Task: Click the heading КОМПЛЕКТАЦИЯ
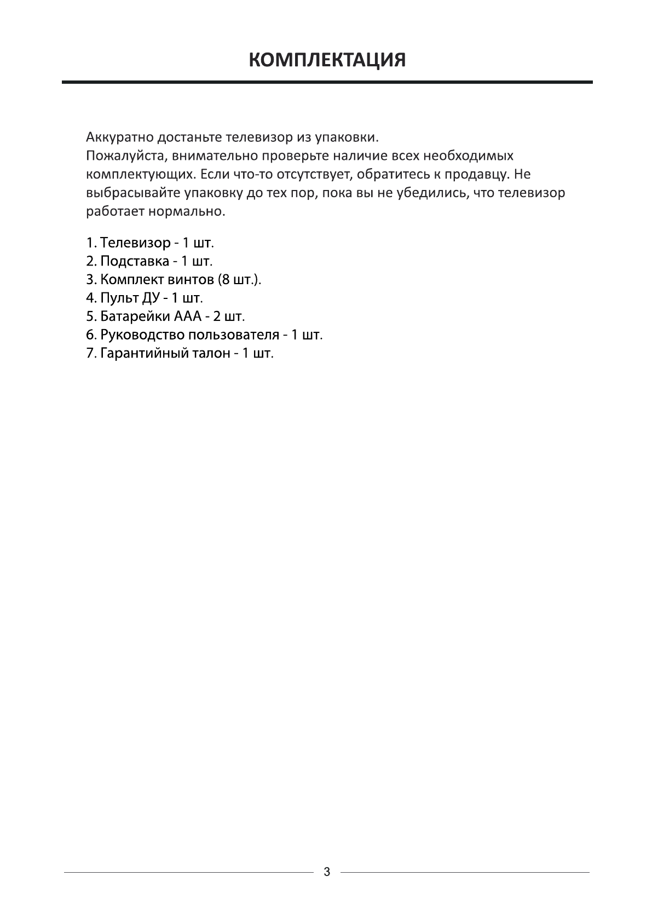coord(327,60)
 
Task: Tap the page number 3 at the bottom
coord(327,872)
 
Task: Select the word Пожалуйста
coord(126,156)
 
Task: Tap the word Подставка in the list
coord(135,261)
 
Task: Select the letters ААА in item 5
coord(189,316)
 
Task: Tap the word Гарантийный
coord(143,353)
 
